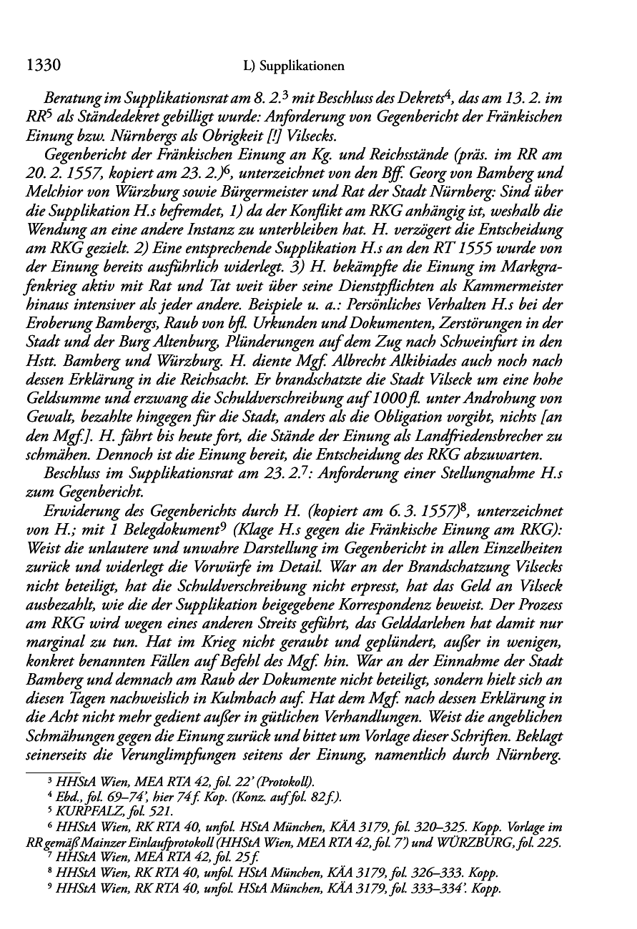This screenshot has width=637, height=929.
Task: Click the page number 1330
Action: pyautogui.click(x=41, y=66)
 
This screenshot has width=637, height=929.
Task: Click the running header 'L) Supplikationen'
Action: pyautogui.click(x=294, y=67)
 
